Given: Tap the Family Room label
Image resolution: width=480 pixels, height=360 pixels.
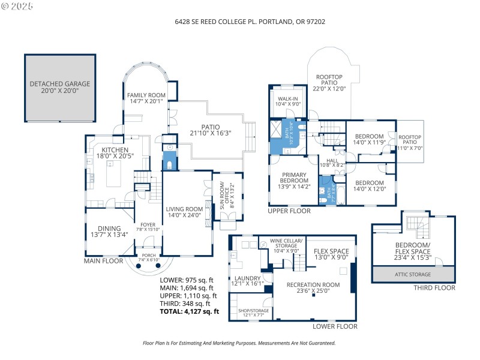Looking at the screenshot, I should click(x=146, y=95).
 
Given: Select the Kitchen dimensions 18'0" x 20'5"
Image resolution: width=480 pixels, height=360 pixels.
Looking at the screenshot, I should click(x=115, y=156).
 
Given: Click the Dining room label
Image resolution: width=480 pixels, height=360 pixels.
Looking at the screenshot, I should click(x=106, y=228).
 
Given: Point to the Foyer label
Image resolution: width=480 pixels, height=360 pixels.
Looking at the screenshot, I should click(x=148, y=225).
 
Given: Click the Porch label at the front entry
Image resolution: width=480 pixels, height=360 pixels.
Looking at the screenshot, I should click(x=148, y=255).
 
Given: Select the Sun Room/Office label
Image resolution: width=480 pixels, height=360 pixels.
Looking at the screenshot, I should click(x=221, y=189).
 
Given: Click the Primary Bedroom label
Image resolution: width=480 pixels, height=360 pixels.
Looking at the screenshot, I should click(x=294, y=180).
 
